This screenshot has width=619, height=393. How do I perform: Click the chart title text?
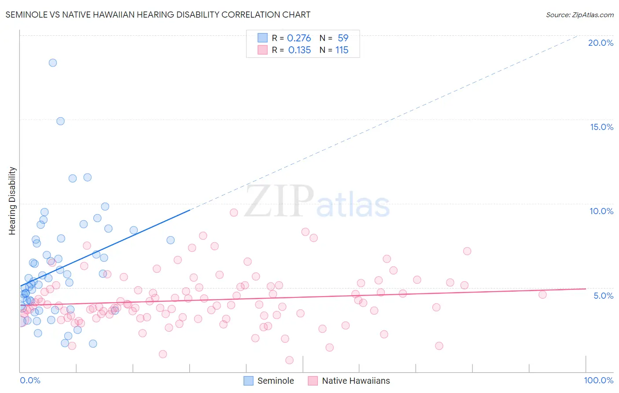[158, 15]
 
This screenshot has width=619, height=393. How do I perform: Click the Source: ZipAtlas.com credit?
[579, 15]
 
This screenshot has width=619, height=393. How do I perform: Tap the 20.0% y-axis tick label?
[601, 43]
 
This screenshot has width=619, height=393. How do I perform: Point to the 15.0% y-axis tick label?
[601, 127]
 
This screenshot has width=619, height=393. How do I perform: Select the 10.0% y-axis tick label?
[601, 211]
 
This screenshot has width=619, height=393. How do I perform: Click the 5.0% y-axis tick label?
[603, 296]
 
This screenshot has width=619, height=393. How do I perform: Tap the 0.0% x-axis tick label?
[30, 380]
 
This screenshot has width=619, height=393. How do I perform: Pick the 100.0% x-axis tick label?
[598, 380]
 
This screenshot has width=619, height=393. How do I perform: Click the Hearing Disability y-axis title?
[12, 201]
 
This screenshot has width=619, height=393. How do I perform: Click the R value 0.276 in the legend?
[299, 38]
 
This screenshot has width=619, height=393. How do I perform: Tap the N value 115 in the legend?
[342, 50]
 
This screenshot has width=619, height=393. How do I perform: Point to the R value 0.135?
[299, 50]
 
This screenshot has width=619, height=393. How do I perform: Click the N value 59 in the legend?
[343, 38]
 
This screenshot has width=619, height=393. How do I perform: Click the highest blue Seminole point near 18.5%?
[53, 63]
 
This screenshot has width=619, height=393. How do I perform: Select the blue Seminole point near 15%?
[61, 121]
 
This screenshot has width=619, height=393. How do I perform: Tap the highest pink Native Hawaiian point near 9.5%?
[234, 212]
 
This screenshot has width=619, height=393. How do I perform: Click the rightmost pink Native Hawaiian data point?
[542, 295]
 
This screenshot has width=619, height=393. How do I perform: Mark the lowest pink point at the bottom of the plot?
[289, 360]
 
